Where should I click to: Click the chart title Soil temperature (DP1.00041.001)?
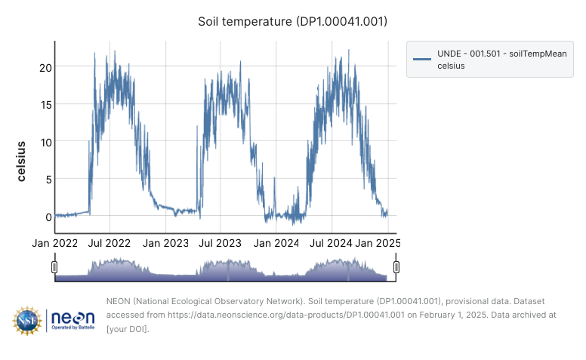tap(292, 21)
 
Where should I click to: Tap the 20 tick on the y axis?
tap(46, 67)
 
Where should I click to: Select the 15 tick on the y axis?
tap(46, 104)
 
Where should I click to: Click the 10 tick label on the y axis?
tap(46, 142)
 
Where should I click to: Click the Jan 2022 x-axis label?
tap(55, 243)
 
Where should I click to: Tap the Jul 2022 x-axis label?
tap(110, 243)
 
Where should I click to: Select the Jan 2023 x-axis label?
tap(165, 243)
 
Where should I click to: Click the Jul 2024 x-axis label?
tap(331, 243)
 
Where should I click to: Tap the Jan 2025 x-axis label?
tap(378, 243)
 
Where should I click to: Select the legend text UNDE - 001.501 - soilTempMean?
tap(501, 54)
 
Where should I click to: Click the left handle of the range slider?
tap(54, 266)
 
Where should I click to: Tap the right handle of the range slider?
tap(396, 266)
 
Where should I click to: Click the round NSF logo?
tap(26, 321)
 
